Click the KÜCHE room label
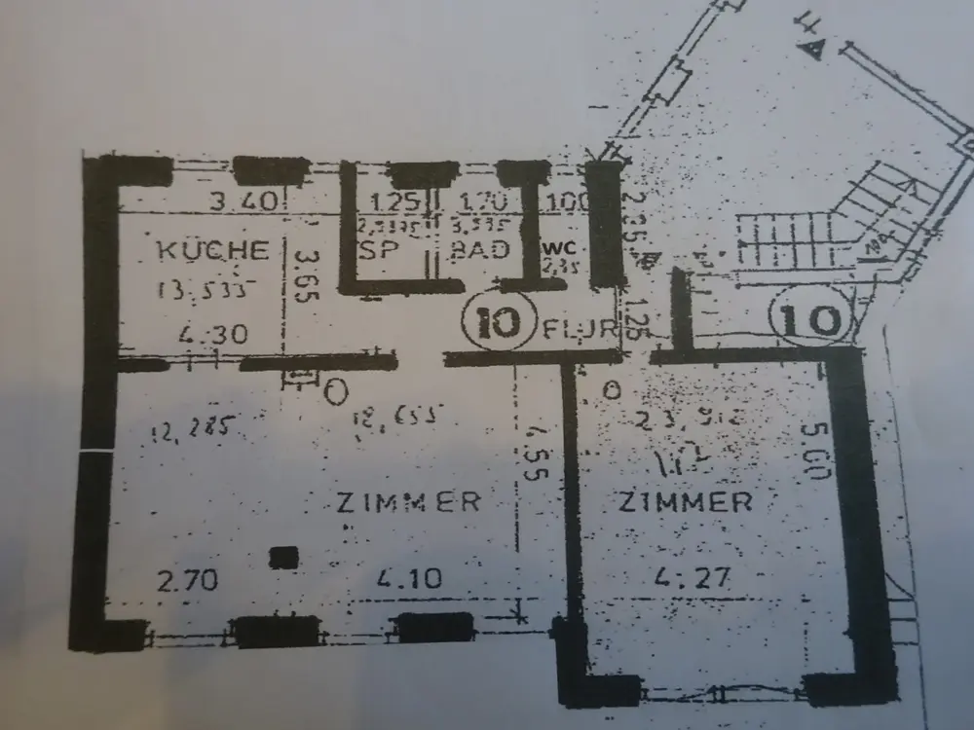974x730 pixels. point(212,249)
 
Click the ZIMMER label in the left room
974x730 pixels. point(409,503)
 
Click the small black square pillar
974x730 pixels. point(283,557)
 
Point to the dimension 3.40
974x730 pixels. point(247,202)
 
